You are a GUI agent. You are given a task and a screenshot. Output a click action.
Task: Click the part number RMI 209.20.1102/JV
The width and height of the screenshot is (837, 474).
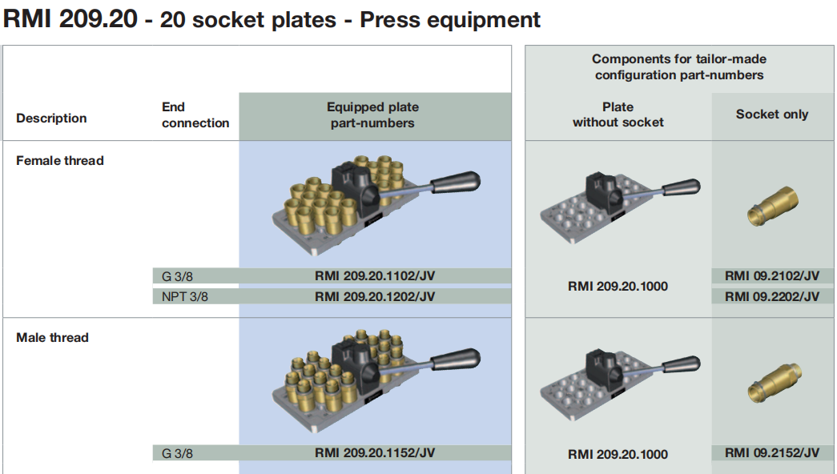(375, 276)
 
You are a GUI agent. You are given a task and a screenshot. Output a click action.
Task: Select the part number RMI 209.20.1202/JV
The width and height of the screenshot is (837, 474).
(375, 296)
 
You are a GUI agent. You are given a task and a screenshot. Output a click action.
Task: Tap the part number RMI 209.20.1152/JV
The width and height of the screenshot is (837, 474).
(375, 453)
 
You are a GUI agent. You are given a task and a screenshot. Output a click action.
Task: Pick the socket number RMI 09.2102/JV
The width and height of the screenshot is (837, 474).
(772, 276)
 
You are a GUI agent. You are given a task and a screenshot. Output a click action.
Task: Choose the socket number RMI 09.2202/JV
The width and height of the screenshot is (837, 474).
(772, 296)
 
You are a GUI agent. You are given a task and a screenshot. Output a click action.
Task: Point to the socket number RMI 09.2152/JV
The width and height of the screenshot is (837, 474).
(772, 453)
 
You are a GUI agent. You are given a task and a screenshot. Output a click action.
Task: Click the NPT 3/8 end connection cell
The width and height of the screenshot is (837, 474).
(185, 296)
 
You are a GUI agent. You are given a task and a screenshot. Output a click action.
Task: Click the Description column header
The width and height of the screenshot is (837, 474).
(51, 118)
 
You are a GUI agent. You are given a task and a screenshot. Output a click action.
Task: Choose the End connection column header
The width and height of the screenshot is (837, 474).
(195, 115)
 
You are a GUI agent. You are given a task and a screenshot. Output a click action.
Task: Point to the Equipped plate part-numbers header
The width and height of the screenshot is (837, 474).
(372, 115)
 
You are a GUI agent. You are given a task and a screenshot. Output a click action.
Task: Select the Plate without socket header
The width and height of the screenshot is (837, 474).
(618, 114)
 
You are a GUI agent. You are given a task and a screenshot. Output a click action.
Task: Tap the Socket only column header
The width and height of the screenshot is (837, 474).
(772, 114)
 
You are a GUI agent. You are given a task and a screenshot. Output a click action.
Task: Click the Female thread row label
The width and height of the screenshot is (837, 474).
(60, 161)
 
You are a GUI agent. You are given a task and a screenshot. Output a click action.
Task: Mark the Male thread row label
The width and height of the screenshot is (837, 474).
(52, 338)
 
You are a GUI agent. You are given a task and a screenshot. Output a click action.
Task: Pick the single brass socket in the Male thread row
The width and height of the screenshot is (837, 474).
(771, 380)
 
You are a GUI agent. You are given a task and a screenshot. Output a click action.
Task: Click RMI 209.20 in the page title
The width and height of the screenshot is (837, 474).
(70, 20)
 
